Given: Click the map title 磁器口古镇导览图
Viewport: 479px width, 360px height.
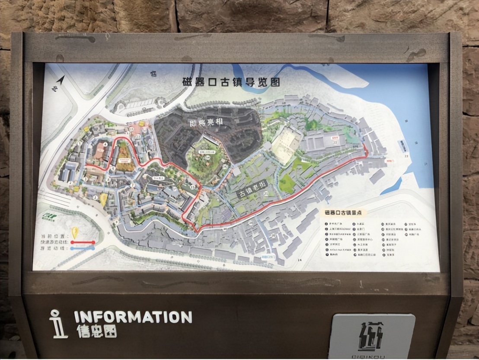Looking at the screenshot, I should pyautogui.click(x=231, y=82).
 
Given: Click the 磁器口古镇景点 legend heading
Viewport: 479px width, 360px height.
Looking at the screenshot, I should pyautogui.click(x=345, y=212).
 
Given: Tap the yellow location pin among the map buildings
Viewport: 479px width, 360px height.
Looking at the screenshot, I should pyautogui.click(x=103, y=199).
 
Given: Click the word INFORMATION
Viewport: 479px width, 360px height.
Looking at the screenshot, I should pyautogui.click(x=133, y=317).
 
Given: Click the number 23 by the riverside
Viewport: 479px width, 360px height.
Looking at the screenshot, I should pyautogui.click(x=406, y=155).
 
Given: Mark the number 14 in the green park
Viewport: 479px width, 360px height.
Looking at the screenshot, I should pyautogui.click(x=207, y=159).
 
